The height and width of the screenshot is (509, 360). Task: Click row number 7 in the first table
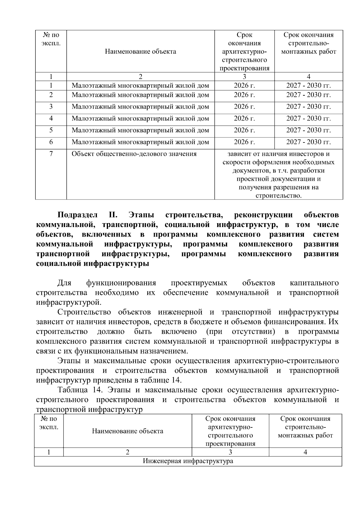pos(51,154)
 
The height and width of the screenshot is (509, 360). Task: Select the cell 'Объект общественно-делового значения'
pos(134,154)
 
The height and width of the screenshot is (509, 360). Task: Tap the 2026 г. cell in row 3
pos(244,107)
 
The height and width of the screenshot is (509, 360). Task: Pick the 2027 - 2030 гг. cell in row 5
pos(308,130)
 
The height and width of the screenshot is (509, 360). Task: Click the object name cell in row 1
pos(140,85)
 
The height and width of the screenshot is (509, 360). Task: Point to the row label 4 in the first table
pos(51,118)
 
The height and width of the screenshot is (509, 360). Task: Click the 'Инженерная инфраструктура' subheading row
pos(188,461)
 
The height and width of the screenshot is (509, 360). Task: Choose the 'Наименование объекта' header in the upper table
pos(140,52)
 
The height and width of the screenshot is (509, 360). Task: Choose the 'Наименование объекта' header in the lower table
pos(127,431)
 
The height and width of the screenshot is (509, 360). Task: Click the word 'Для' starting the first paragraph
pos(64,283)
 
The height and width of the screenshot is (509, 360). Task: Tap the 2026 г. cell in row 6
pos(244,142)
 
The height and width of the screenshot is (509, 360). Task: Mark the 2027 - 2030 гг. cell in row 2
pos(308,95)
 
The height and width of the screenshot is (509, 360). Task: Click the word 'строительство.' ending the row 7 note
pos(278,196)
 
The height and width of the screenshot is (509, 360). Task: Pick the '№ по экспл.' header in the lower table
pos(49,423)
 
